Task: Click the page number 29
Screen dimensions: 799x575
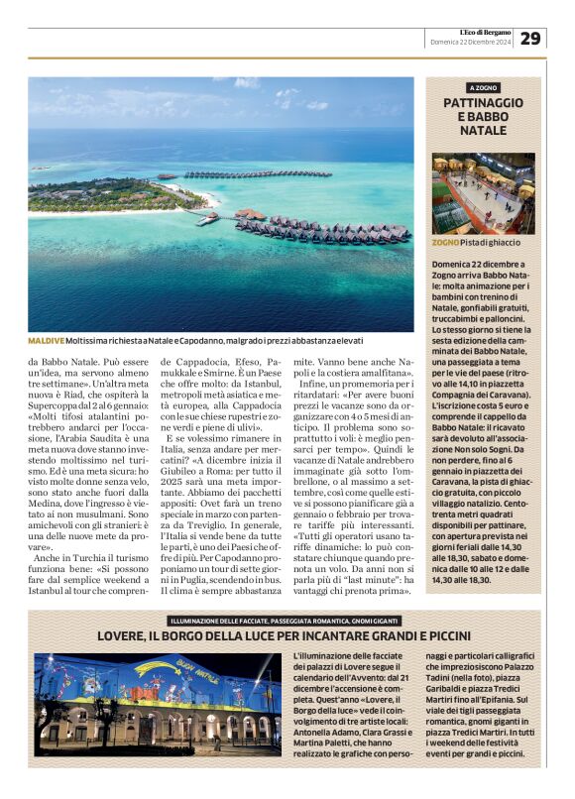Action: click(530, 38)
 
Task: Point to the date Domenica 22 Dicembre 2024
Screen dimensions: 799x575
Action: click(470, 43)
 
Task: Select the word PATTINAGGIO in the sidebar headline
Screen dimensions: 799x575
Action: click(483, 103)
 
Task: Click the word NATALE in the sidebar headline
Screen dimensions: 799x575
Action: click(483, 131)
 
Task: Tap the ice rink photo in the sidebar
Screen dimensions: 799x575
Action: click(483, 192)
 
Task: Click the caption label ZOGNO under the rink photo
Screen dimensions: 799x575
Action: click(445, 242)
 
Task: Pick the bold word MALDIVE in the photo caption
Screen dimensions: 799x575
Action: click(46, 341)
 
